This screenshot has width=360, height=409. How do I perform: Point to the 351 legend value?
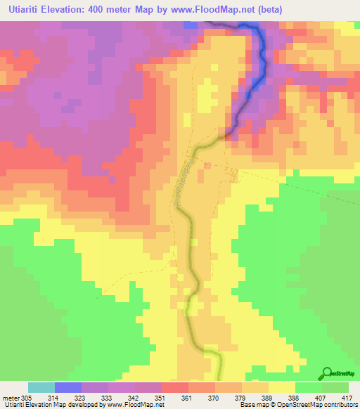pos(160,397)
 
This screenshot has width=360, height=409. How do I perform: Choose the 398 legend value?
pos(295,397)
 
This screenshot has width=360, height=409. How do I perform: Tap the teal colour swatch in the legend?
pos(41,387)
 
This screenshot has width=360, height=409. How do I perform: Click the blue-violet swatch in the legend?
pos(68,387)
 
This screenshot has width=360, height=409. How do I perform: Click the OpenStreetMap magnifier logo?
pos(326,373)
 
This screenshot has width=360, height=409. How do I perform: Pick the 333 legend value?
pos(107,397)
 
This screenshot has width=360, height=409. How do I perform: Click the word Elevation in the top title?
pos(73,8)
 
